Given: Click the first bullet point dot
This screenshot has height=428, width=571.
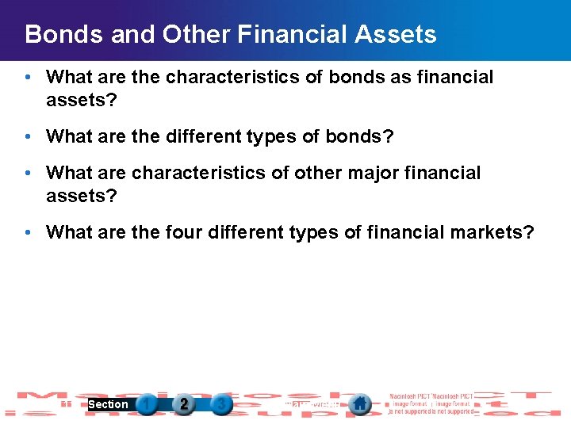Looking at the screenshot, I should click(x=28, y=78).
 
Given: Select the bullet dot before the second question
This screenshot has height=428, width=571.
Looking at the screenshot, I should click(x=28, y=137).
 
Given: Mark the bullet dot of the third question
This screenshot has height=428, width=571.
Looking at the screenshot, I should click(x=28, y=174).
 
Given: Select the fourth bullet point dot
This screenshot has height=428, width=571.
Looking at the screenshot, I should click(x=28, y=233).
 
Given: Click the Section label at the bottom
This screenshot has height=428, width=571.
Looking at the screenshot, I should click(x=108, y=404).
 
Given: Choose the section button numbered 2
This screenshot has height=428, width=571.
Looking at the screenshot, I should click(x=184, y=404).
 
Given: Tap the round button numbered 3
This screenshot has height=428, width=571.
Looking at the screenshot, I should click(x=221, y=404).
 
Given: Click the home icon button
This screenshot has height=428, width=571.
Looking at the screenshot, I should click(x=360, y=404).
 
